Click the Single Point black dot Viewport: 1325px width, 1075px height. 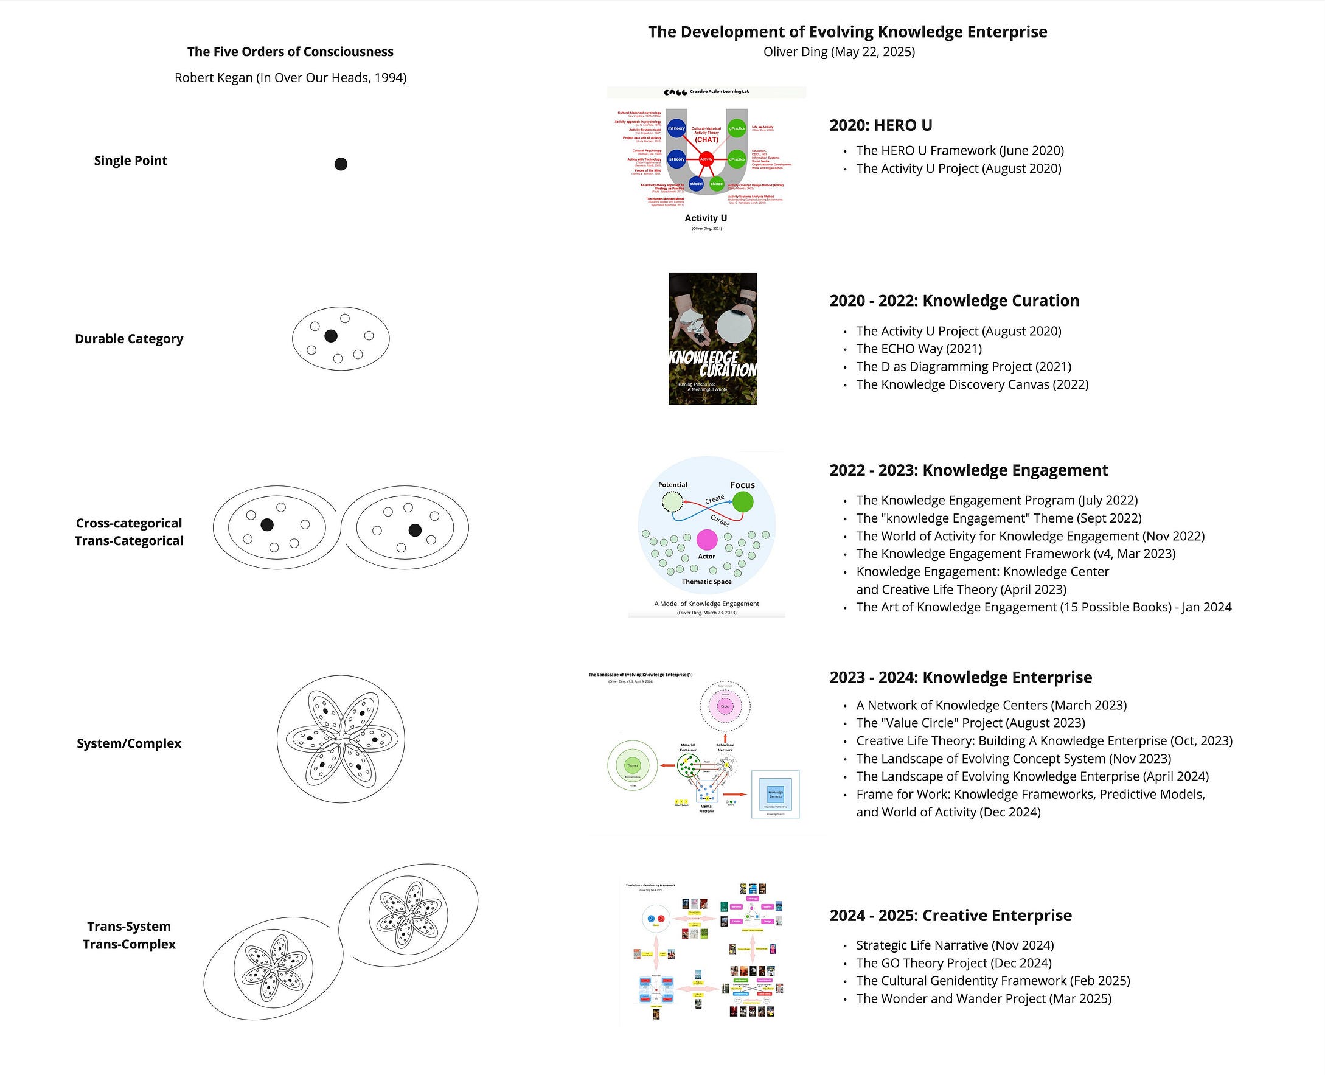point(341,164)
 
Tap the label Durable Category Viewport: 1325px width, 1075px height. point(129,339)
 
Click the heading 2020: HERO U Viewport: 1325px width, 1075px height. point(880,125)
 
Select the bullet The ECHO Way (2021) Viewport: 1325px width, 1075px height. point(919,349)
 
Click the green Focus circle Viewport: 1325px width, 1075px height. point(742,501)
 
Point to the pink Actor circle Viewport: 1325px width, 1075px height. point(706,540)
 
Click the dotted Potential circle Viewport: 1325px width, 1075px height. point(672,501)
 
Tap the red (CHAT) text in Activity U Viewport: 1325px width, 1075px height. point(706,140)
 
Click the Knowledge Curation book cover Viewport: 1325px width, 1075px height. point(712,338)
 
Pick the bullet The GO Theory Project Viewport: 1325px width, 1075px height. point(953,963)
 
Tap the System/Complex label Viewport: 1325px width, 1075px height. point(129,743)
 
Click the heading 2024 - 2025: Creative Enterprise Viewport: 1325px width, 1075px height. point(950,915)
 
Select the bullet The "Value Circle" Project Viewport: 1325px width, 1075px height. point(970,723)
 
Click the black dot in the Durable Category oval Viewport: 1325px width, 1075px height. point(330,336)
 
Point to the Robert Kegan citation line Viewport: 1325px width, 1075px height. point(290,78)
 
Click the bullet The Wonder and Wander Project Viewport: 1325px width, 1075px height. point(983,998)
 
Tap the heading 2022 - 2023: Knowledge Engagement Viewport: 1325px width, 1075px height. point(969,470)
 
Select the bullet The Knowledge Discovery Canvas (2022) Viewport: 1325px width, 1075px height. point(972,384)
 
